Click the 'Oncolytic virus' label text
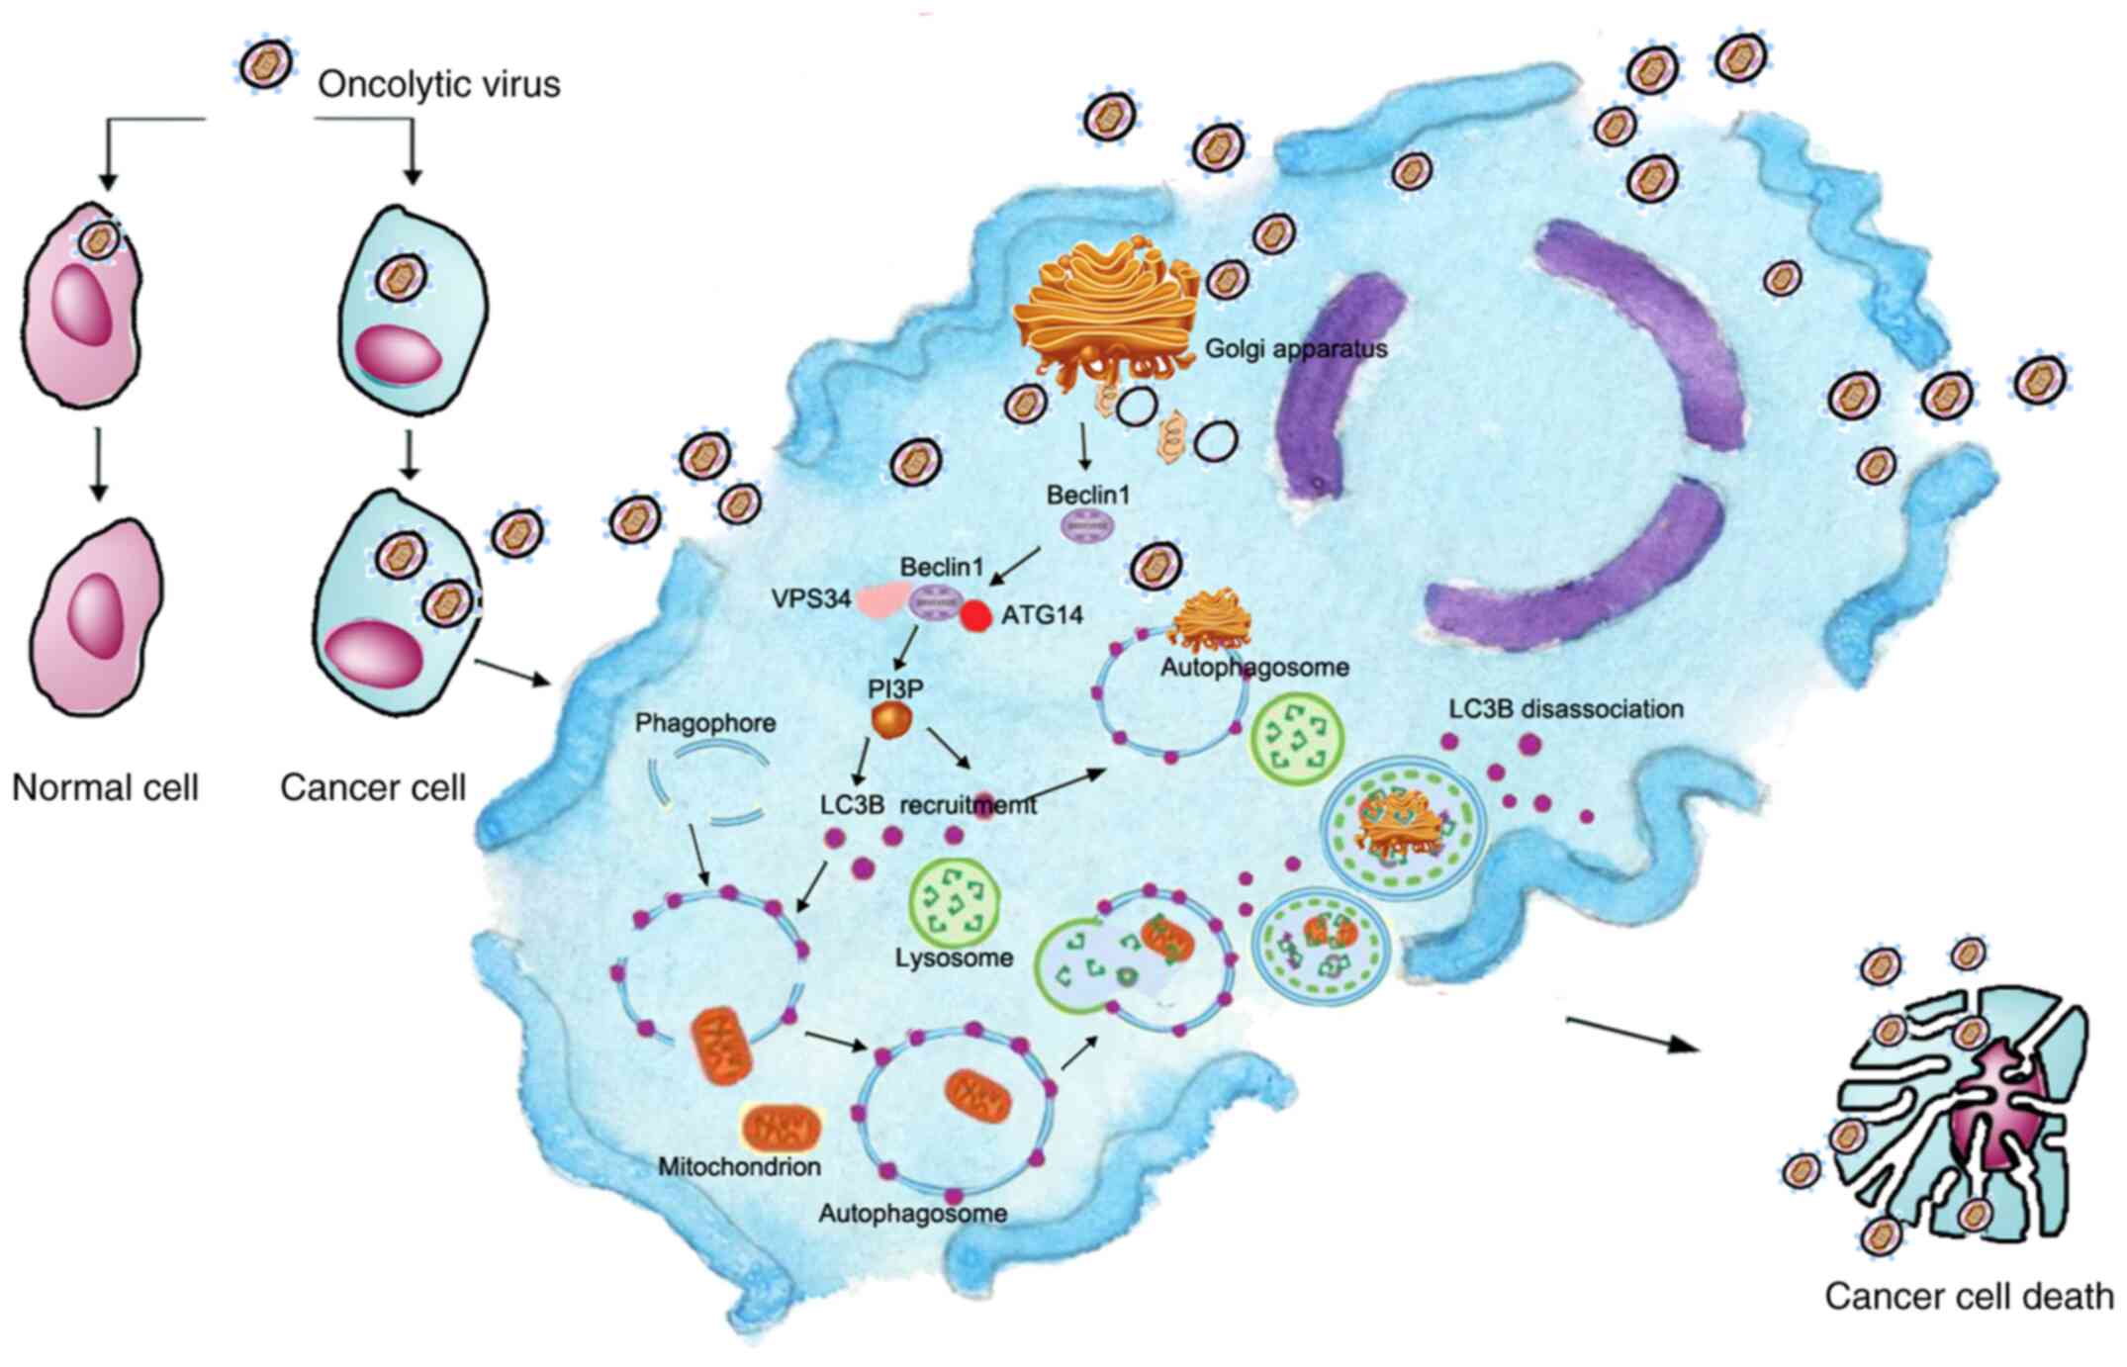pyautogui.click(x=438, y=84)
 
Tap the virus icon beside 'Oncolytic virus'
pyautogui.click(x=265, y=64)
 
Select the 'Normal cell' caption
pyautogui.click(x=105, y=787)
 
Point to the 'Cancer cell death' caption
pyautogui.click(x=1968, y=1296)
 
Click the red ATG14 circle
pyautogui.click(x=976, y=615)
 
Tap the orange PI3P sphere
pyautogui.click(x=889, y=719)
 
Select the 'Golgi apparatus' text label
pyautogui.click(x=1296, y=348)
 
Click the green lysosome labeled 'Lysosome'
pyautogui.click(x=954, y=899)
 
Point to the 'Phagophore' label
pyautogui.click(x=705, y=723)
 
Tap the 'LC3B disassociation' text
pyautogui.click(x=1566, y=709)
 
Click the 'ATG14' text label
pyautogui.click(x=1043, y=615)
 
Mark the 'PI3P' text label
pyautogui.click(x=894, y=687)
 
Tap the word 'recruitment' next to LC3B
pyautogui.click(x=968, y=804)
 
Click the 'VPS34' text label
pyautogui.click(x=810, y=598)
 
